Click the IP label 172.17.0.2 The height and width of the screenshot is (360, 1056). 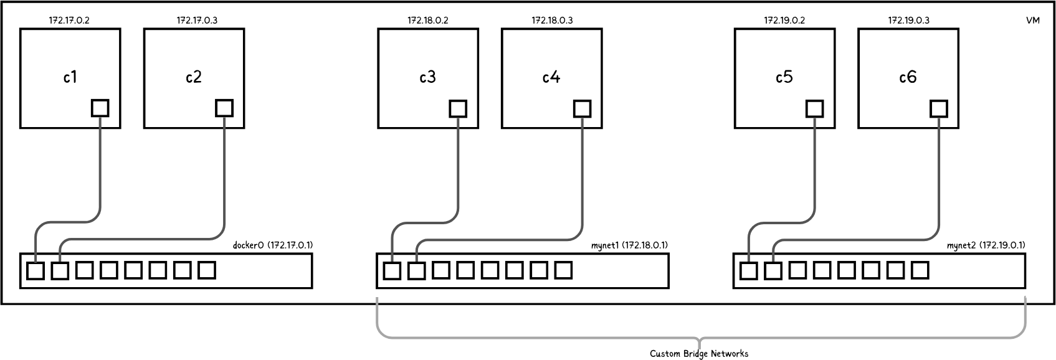69,20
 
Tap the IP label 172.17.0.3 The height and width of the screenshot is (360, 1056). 197,20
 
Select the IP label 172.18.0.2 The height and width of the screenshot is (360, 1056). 428,20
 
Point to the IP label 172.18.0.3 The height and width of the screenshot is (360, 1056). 552,20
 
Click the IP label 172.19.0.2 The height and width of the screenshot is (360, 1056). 784,20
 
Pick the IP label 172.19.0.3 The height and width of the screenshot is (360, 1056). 908,20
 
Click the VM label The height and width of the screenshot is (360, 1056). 1032,21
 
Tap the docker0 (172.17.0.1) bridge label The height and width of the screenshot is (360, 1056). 273,245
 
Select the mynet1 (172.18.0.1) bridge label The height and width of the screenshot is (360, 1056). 629,245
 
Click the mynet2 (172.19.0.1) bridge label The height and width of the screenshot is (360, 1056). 986,245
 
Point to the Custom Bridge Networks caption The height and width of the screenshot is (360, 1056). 699,353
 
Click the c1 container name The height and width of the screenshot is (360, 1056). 70,77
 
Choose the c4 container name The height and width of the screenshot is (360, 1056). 551,77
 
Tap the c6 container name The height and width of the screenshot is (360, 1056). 908,77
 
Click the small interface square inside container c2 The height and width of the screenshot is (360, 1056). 224,108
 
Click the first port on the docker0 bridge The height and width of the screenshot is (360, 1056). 36,271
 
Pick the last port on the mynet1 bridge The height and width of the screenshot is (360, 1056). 563,270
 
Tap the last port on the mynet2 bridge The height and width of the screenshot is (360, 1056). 920,270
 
